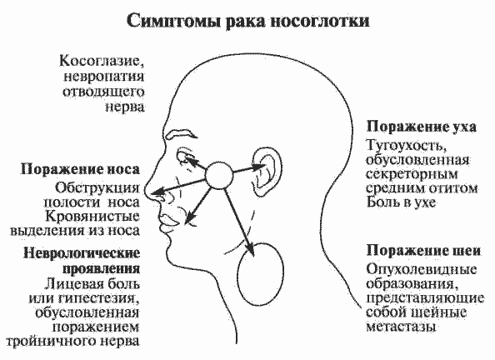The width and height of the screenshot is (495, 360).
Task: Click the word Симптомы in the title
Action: pos(174,21)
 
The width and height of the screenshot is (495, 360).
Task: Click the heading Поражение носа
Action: pos(80,170)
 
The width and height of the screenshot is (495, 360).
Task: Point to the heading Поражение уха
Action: pos(422,127)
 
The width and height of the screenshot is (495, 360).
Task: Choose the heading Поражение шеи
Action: pos(423,251)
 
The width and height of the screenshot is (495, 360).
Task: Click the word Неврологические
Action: pos(82,253)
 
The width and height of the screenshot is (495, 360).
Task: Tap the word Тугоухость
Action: pos(406,146)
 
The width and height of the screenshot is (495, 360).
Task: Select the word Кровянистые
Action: pos(92,217)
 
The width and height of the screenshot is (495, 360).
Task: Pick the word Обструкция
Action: pos(97,188)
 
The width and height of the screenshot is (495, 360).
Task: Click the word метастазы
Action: pos(401,327)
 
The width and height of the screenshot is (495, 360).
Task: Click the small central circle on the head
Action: pos(219,176)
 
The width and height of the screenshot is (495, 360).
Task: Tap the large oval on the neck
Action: pos(261,274)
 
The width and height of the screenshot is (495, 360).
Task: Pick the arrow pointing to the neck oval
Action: pos(238,222)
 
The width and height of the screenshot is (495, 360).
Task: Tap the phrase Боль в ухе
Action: pos(401,202)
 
